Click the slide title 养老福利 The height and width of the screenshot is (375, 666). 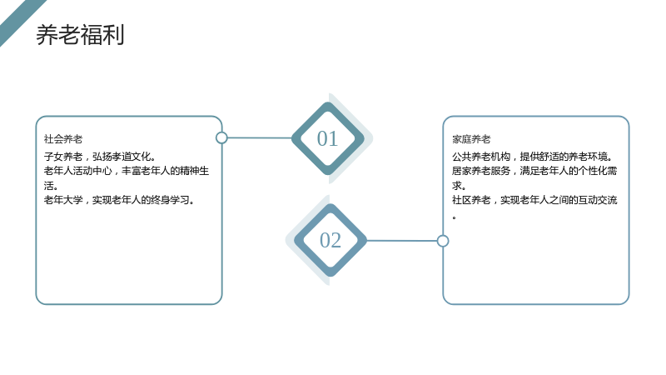point(80,35)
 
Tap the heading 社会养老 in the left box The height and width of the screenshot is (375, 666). point(63,139)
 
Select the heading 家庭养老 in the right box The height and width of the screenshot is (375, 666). point(471,139)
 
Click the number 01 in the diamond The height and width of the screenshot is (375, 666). point(327,138)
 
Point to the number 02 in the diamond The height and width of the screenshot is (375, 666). point(330,240)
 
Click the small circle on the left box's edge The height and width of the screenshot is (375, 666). point(221,137)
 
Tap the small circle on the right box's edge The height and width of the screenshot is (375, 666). point(443,241)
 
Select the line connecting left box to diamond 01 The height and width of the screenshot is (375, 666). point(260,137)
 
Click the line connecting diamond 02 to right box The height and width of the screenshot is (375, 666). point(402,241)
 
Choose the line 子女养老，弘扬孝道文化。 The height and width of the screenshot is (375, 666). point(100,157)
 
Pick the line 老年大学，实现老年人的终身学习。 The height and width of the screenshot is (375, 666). point(120,200)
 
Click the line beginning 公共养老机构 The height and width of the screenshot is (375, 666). point(533,157)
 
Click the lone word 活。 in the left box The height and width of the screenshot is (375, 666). point(51,186)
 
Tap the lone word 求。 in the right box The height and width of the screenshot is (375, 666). point(460,186)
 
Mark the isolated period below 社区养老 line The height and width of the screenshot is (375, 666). point(454,217)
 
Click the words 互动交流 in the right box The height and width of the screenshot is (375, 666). point(598,200)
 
